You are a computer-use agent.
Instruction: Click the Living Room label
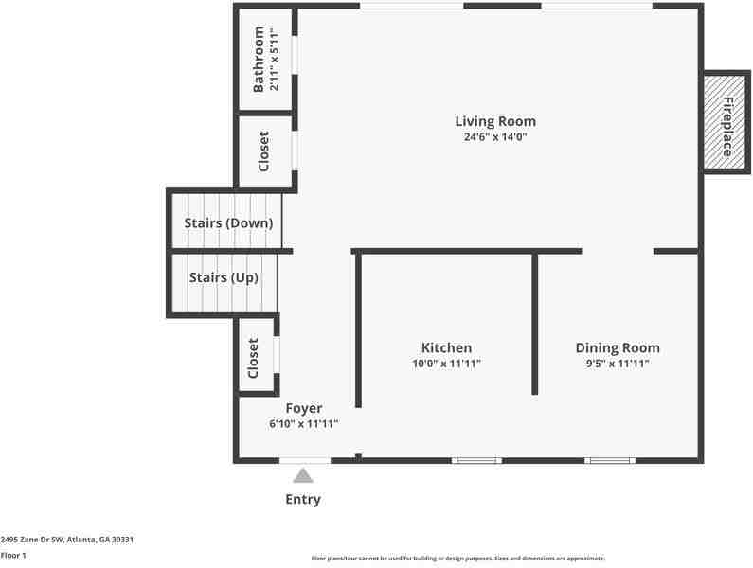[495, 121]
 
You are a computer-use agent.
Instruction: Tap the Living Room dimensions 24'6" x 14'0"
[495, 137]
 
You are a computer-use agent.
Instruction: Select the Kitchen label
[446, 347]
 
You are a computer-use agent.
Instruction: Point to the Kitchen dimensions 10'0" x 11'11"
[446, 364]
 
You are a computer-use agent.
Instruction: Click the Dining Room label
[618, 347]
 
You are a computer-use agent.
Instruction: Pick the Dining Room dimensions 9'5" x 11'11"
[618, 364]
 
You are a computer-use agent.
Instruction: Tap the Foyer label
[304, 408]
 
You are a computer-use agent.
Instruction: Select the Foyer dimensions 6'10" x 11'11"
[304, 424]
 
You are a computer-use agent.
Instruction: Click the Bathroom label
[259, 60]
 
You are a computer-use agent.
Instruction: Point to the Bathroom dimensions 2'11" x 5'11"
[275, 60]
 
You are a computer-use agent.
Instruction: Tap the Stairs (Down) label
[229, 223]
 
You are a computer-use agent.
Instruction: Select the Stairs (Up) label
[224, 277]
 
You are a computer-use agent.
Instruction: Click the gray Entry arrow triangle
[303, 476]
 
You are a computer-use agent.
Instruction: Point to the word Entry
[303, 499]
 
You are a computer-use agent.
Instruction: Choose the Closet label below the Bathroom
[264, 151]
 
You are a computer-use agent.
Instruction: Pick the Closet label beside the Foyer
[254, 359]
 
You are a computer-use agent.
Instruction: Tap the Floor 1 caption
[13, 555]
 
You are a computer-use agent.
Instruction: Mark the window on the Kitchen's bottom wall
[476, 461]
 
